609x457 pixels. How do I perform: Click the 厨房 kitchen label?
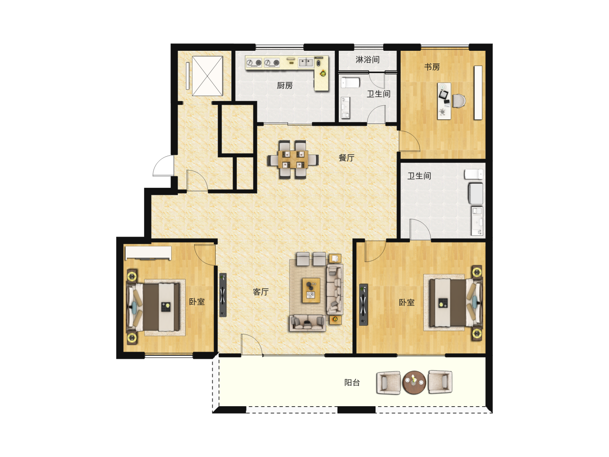click(285, 85)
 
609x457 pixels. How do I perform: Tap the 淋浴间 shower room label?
click(368, 59)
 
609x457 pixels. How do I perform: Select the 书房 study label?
click(432, 67)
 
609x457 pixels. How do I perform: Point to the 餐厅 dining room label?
click(346, 158)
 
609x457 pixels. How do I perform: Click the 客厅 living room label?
click(261, 292)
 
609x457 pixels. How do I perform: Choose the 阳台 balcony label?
click(352, 383)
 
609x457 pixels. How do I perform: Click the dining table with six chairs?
click(293, 160)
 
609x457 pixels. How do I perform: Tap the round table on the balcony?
click(414, 383)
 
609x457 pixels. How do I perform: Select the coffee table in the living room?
click(311, 290)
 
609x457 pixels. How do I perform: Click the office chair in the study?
click(459, 101)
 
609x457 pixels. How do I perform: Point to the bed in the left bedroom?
click(154, 307)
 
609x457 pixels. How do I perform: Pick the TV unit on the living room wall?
click(223, 295)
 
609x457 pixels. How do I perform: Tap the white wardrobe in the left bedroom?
click(148, 253)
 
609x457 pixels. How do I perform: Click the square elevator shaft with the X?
click(207, 76)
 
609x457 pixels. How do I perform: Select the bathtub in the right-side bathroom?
click(475, 193)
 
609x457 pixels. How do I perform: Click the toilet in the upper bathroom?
click(350, 83)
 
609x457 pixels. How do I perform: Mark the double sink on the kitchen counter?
click(306, 63)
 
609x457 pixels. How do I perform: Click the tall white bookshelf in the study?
click(478, 93)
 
